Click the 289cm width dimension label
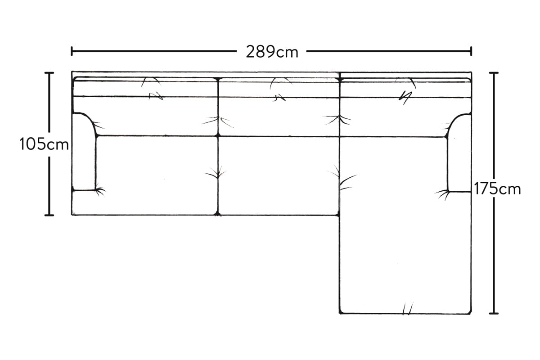tap(272, 52)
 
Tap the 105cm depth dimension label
tap(44, 144)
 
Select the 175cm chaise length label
tap(497, 189)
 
